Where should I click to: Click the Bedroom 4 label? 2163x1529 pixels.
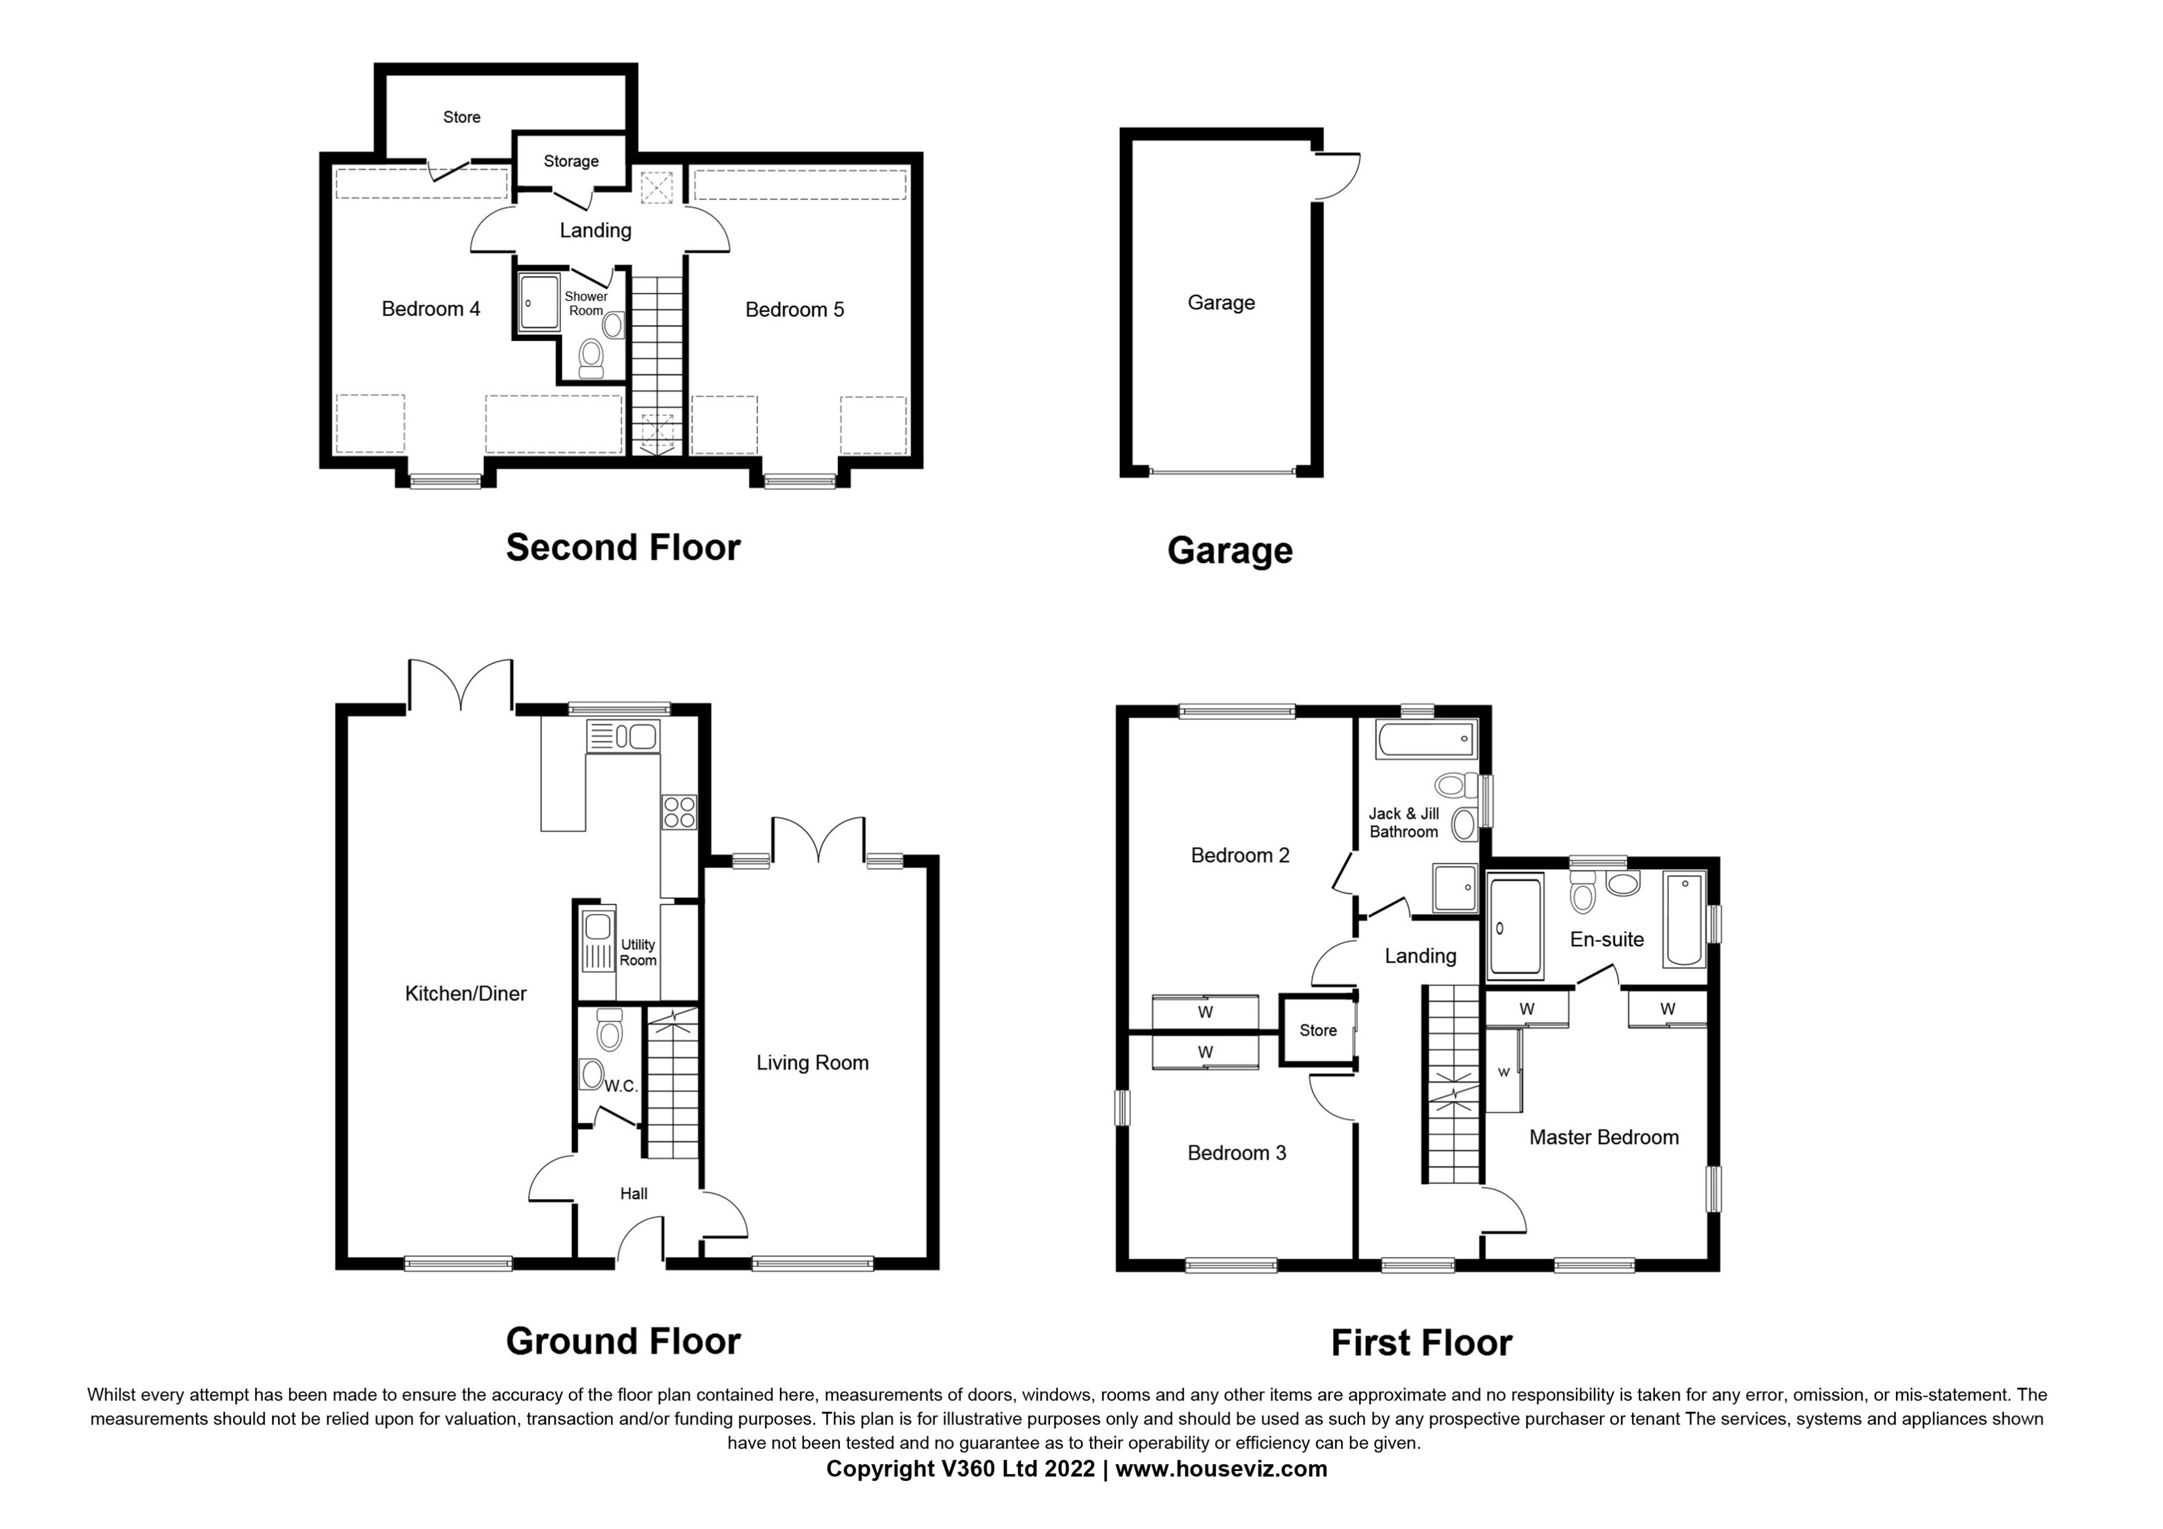[x=431, y=309]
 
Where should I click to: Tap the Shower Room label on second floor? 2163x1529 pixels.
[x=586, y=303]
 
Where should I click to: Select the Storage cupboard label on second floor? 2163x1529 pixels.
[x=571, y=161]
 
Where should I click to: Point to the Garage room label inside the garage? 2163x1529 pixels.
[x=1221, y=302]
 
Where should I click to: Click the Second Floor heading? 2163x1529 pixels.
[x=623, y=548]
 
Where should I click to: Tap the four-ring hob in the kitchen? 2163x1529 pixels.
[x=679, y=812]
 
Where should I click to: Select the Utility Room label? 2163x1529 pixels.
[x=638, y=952]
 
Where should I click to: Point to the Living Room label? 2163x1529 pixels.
[x=812, y=1062]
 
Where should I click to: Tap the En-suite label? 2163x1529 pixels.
[x=1606, y=939]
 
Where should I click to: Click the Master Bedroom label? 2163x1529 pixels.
[x=1604, y=1137]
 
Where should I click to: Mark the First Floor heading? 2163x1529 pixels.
[x=1421, y=1342]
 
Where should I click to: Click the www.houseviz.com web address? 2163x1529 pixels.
[x=1221, y=1468]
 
